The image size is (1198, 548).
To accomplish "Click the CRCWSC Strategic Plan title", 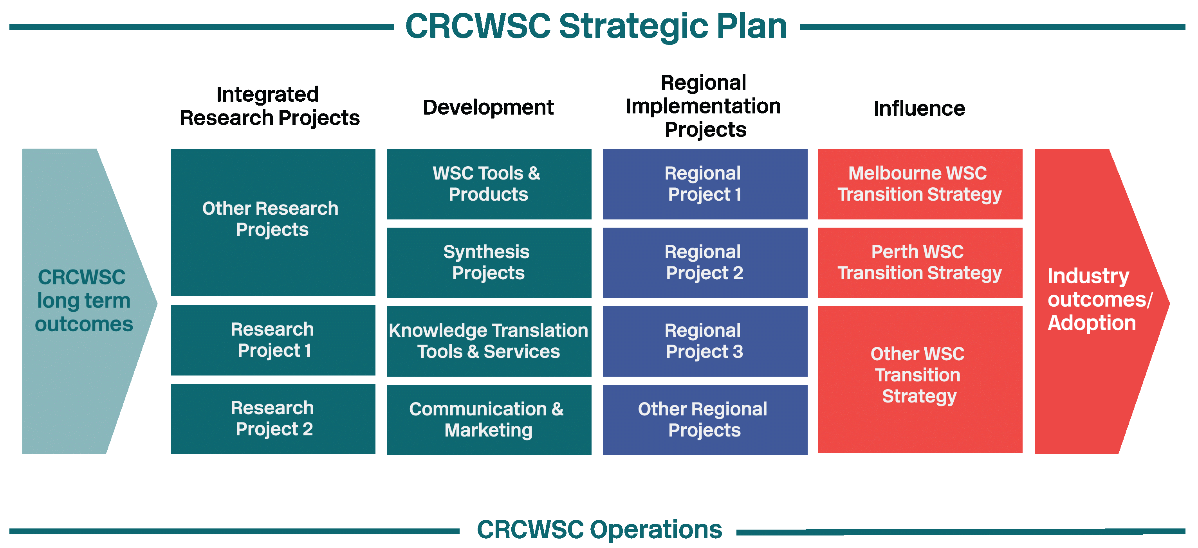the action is [596, 27].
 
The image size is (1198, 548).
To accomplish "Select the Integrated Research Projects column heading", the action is [270, 106].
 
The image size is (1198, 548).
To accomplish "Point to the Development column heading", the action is [488, 107].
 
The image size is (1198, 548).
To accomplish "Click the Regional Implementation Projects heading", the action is [704, 106].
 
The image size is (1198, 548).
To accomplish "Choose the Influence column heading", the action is [919, 108].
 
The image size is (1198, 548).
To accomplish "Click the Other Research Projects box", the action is [273, 222].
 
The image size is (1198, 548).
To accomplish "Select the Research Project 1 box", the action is [273, 340].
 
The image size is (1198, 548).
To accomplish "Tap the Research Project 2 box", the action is [273, 418].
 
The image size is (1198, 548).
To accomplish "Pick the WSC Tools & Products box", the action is [489, 184].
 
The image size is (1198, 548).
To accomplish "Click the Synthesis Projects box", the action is [489, 262].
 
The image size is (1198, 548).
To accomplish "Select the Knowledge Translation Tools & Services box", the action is [489, 341].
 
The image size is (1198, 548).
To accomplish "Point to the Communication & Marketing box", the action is [489, 420].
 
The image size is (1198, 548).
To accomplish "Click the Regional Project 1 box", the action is [705, 184].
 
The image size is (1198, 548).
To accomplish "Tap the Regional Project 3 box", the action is [705, 341].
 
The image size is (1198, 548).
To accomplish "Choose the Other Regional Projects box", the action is [705, 420].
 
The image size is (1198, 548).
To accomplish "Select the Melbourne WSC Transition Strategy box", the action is [920, 184].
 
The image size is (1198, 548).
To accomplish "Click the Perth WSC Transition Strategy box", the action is [920, 262].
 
